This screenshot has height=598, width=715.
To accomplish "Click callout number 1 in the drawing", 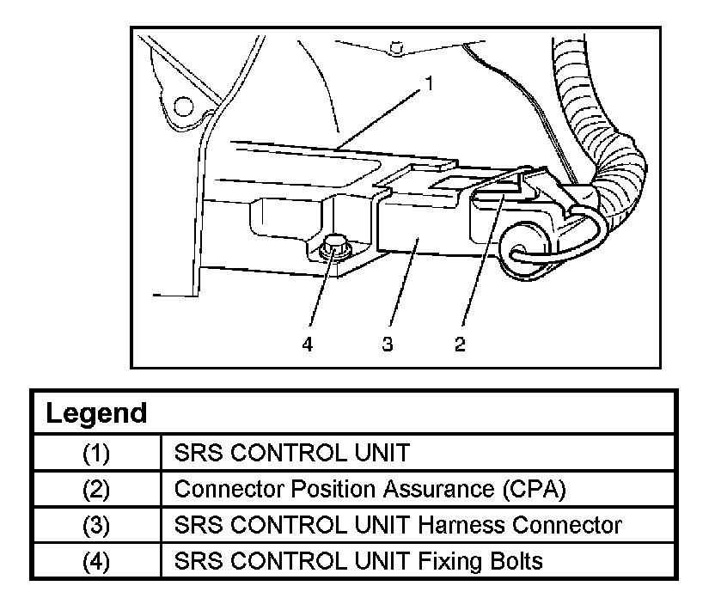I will coord(428,84).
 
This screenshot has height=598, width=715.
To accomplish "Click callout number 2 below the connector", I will coord(461,345).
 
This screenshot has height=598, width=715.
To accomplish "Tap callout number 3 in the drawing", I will coord(388,345).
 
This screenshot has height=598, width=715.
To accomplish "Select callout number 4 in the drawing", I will coord(308,345).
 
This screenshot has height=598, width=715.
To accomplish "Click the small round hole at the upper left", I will coord(182,107).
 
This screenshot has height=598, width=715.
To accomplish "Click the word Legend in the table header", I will coord(95,413).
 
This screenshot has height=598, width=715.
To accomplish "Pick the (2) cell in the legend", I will coord(95,489).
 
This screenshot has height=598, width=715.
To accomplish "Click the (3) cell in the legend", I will coord(95,525).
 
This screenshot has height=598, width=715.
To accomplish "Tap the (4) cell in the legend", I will coord(95,561).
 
